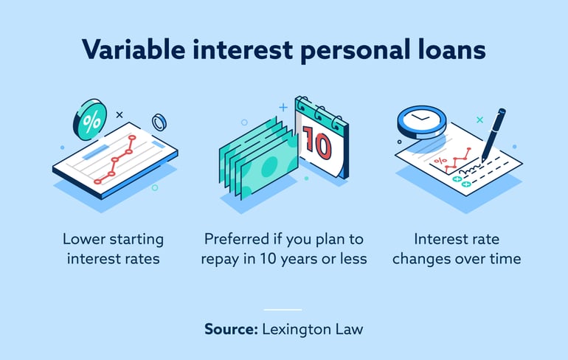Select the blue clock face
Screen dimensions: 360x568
[x=421, y=118]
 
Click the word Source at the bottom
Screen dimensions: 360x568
[x=230, y=330]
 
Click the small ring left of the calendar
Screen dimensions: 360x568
[x=244, y=122]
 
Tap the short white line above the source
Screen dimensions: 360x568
[x=283, y=309]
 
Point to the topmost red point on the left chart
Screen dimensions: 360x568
[x=133, y=137]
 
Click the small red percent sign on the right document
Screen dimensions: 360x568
[x=440, y=160]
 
